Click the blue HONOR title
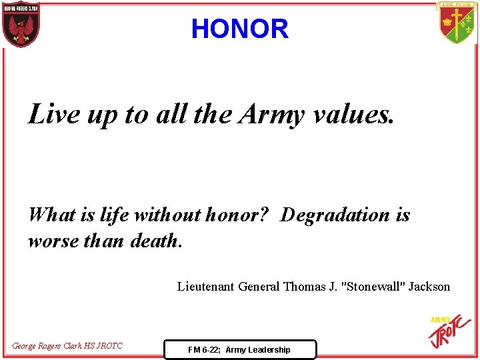coord(239,29)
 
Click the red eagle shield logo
coord(21,25)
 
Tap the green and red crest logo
coord(457,23)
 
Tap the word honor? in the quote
coord(238,215)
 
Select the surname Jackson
coord(429,287)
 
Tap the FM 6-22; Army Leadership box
coord(239,349)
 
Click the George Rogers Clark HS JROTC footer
coord(67,345)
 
